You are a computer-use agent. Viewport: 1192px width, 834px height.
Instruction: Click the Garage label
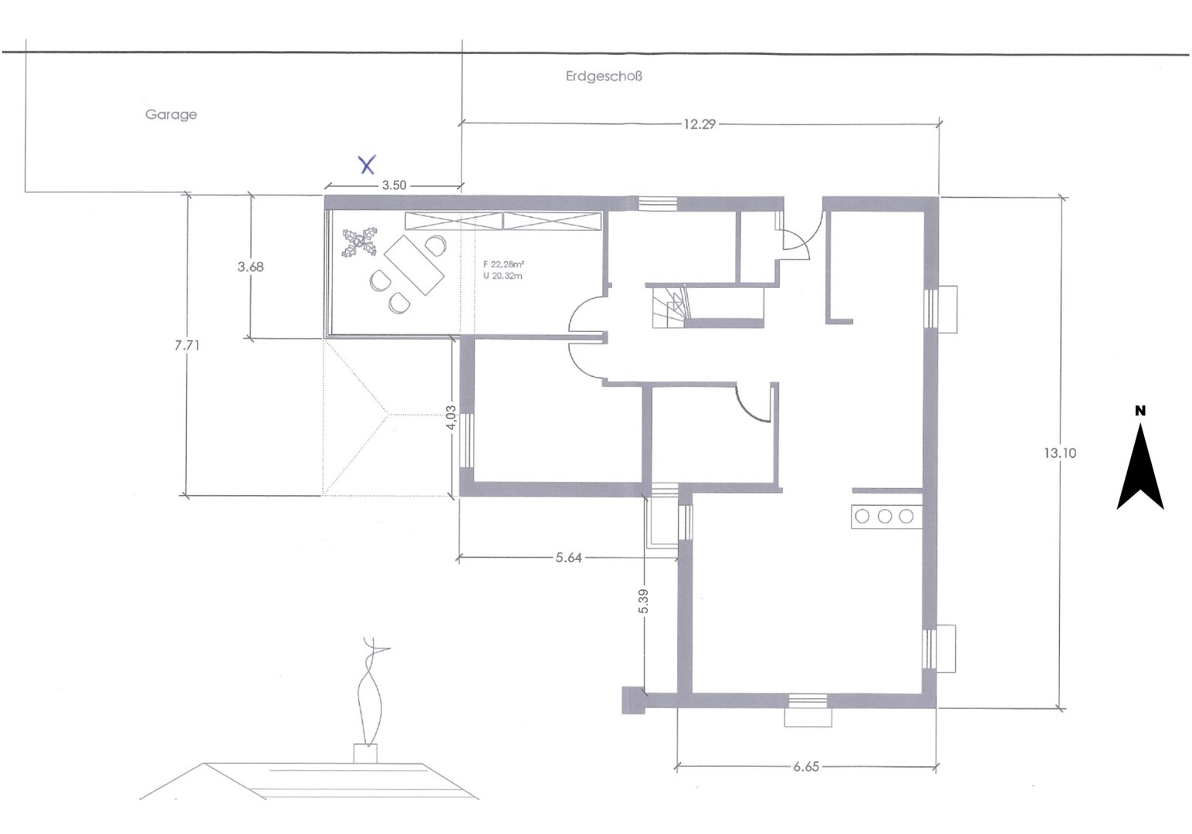point(171,114)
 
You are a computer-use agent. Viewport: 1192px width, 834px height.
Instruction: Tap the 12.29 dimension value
point(699,124)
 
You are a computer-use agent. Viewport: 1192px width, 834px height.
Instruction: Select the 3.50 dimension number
point(394,185)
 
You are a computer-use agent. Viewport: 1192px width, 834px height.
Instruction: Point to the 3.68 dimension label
point(250,266)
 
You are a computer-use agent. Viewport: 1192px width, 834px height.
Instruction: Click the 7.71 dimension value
point(187,345)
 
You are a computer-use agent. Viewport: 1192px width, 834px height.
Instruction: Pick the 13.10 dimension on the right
point(1059,453)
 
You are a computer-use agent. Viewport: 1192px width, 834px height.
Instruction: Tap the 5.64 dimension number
point(568,558)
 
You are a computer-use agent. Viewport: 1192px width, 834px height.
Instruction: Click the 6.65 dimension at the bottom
point(805,767)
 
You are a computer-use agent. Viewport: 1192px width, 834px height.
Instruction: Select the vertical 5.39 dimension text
point(643,602)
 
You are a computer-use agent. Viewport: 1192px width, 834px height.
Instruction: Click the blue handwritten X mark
point(367,164)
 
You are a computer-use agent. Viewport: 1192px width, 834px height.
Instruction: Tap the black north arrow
point(1140,471)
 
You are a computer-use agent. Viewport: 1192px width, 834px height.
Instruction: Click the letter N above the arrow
point(1140,411)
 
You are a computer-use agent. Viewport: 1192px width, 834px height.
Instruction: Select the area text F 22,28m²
point(503,264)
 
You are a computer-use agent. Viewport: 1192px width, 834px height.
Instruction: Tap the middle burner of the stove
point(885,516)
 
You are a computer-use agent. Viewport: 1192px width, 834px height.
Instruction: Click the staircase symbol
point(669,307)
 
